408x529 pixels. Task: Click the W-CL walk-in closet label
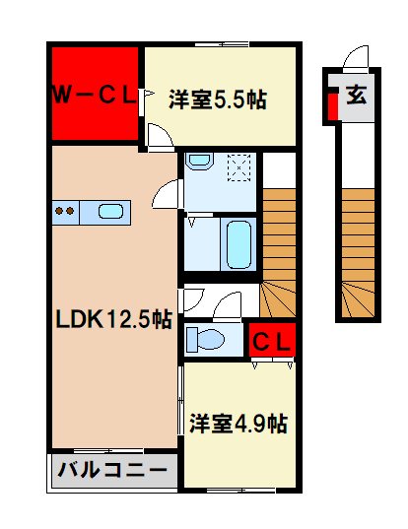click(94, 96)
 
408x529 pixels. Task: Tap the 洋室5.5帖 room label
click(218, 99)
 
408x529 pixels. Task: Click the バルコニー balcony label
click(112, 470)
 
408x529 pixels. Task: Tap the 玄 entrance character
click(357, 98)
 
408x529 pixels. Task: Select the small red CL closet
click(271, 342)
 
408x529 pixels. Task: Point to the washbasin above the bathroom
click(200, 160)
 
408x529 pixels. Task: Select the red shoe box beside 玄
click(333, 102)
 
